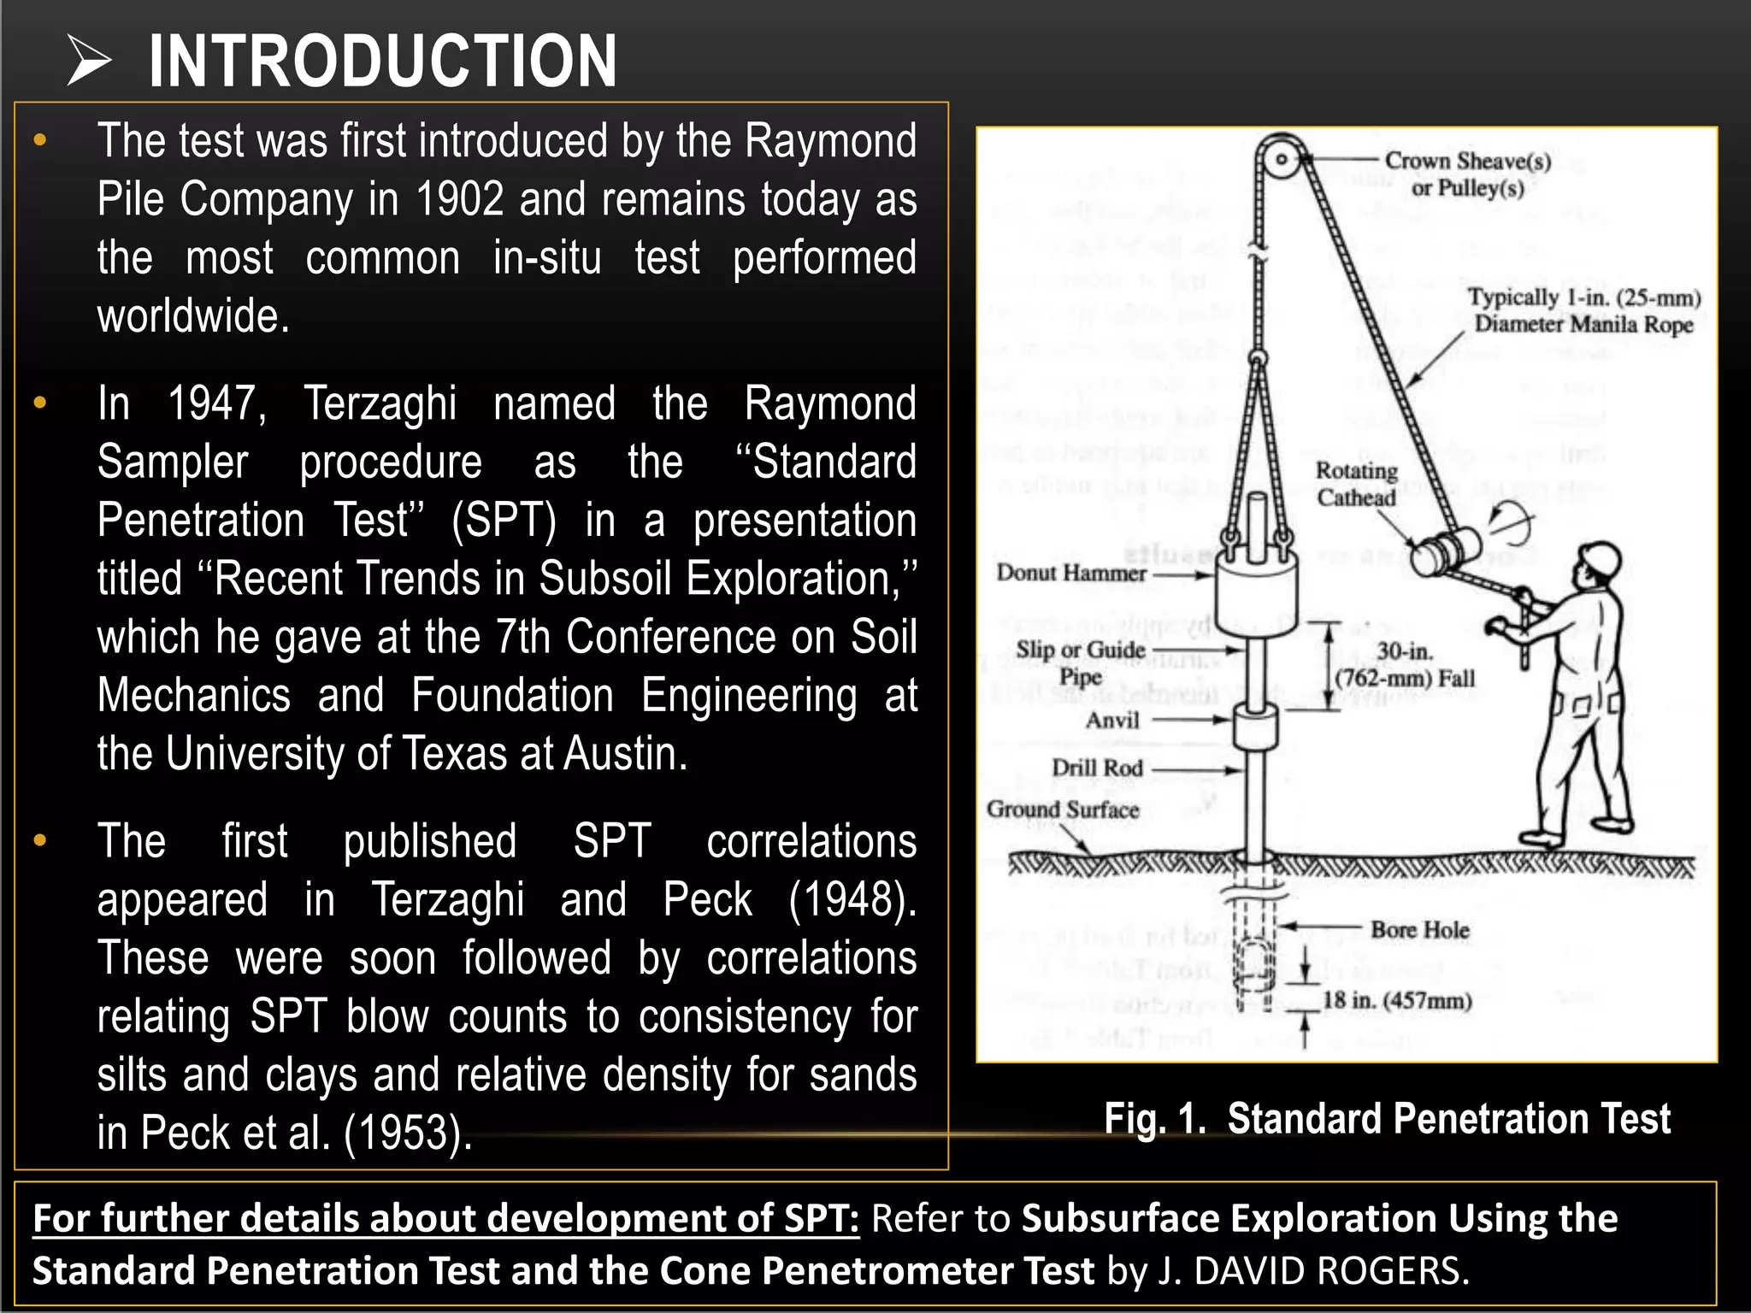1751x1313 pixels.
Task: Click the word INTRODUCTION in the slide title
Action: (x=382, y=61)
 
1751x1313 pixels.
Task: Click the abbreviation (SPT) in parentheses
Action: (x=504, y=521)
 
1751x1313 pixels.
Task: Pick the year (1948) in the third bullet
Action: (x=852, y=900)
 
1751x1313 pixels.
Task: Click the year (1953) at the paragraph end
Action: (x=408, y=1133)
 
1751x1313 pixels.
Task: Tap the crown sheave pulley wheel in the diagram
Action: (x=1281, y=159)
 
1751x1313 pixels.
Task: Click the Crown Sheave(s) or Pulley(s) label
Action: (x=1467, y=174)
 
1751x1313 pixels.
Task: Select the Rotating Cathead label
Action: (x=1356, y=484)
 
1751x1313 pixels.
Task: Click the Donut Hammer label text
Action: (x=1070, y=573)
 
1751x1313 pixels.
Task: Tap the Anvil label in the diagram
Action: (x=1112, y=721)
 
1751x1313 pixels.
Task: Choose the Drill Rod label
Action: (x=1097, y=768)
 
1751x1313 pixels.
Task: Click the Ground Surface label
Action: (x=1063, y=810)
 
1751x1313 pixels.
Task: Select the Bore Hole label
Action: (x=1419, y=930)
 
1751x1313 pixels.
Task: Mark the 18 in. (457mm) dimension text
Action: (x=1397, y=1000)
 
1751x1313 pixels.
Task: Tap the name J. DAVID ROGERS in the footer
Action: (x=1312, y=1271)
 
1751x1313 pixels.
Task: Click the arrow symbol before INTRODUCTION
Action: (x=90, y=62)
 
